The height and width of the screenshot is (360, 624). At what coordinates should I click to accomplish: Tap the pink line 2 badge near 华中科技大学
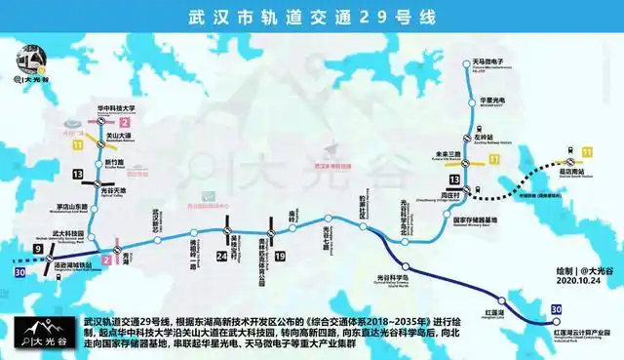click(x=124, y=122)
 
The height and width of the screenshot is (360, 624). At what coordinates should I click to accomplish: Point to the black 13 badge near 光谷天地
click(x=77, y=174)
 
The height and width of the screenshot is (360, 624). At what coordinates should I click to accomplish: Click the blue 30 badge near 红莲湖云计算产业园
click(x=556, y=309)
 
